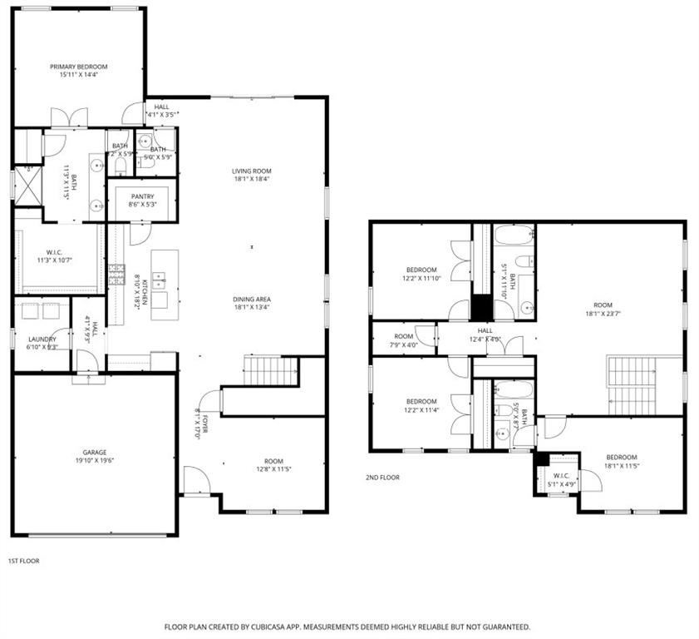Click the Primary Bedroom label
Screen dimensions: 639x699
pos(78,67)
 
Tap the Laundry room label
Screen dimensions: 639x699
pos(42,339)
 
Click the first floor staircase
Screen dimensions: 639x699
pos(269,370)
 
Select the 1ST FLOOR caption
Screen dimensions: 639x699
pos(23,561)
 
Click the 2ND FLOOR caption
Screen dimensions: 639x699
pos(382,478)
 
